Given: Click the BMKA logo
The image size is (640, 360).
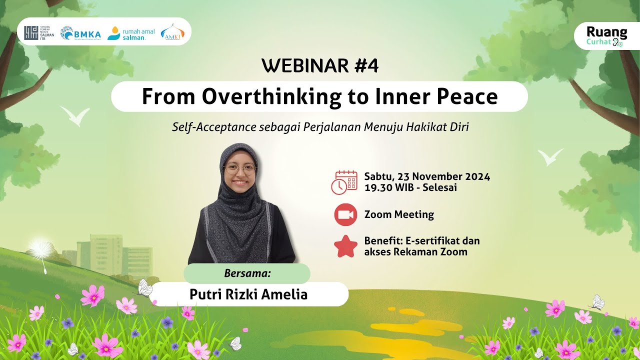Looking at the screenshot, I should (80, 33).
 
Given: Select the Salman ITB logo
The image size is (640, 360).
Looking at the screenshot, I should (39, 33).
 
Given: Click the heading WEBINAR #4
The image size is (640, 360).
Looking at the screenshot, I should (319, 66).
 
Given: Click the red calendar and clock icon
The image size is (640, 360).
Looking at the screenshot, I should (344, 182).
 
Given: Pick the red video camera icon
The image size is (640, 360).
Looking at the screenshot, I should (345, 215).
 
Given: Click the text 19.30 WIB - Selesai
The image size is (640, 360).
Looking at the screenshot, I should (410, 188).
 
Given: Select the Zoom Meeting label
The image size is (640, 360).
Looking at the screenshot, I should (399, 215).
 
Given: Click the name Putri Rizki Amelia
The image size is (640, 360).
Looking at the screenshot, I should (248, 294).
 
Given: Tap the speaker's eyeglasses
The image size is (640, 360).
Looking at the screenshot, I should (240, 170).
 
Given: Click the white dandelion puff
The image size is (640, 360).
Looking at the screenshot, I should (40, 247).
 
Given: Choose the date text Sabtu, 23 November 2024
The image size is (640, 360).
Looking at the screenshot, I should (427, 176).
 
